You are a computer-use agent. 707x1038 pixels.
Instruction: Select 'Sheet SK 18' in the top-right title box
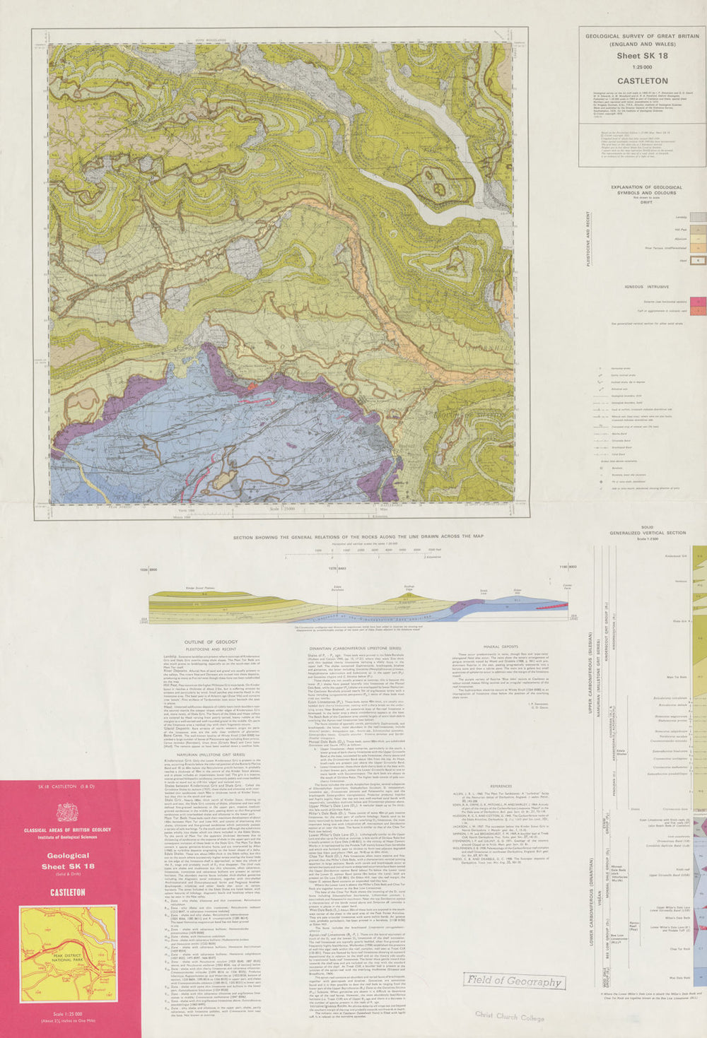pos(642,56)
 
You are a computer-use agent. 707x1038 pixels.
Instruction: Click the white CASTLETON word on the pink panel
pos(67,892)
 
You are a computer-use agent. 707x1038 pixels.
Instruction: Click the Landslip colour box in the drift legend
pos(697,217)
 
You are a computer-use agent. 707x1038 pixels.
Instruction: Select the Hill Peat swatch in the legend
pos(697,229)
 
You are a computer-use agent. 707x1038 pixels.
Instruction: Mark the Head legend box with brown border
pos(697,261)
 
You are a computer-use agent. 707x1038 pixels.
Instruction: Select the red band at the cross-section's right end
pos(551,604)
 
